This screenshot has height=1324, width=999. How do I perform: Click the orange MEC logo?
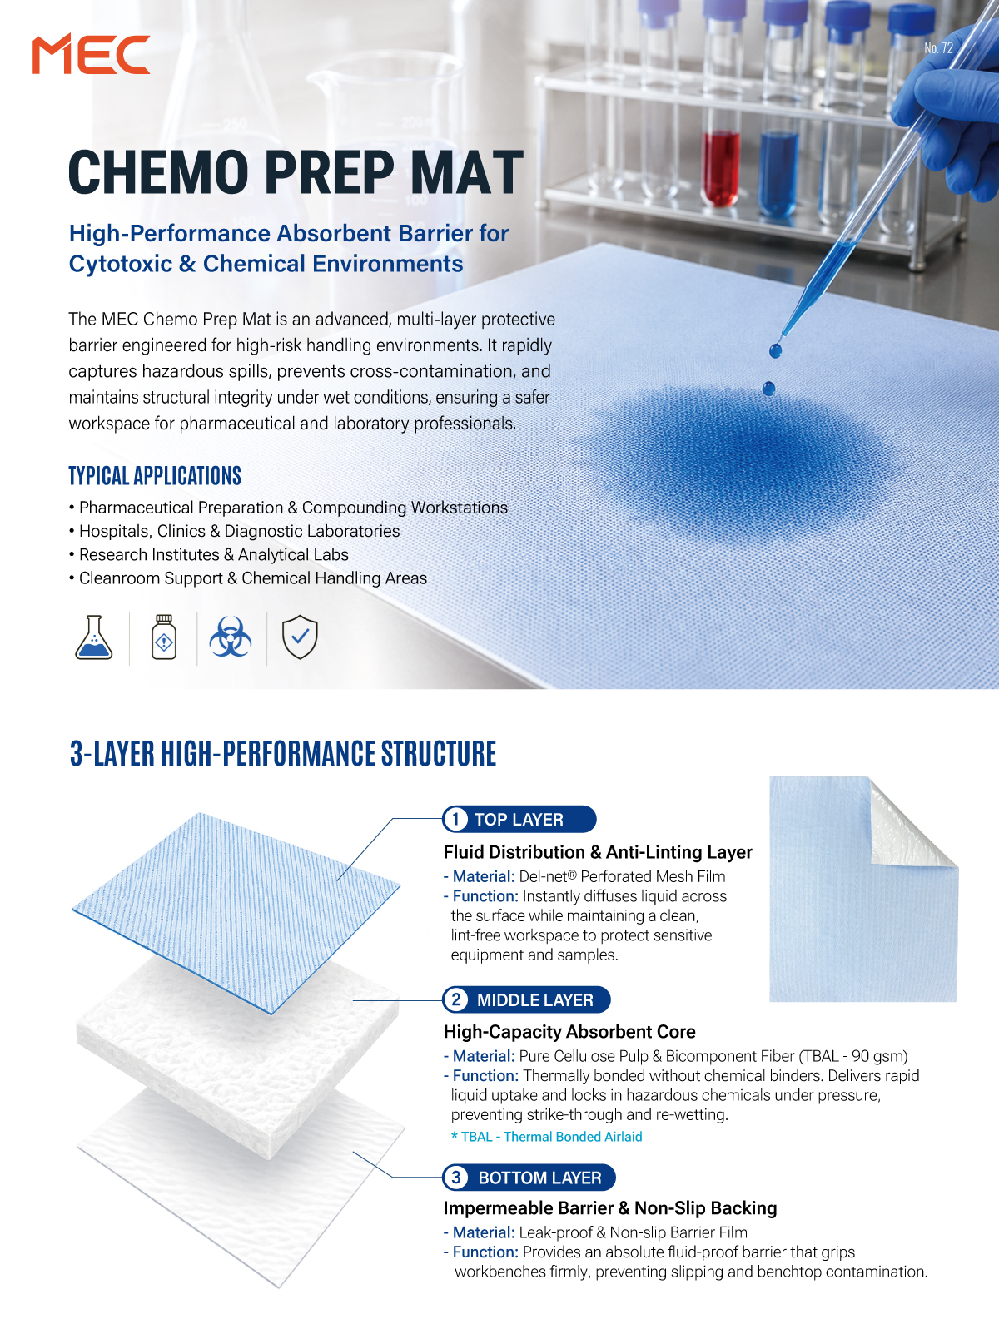[91, 54]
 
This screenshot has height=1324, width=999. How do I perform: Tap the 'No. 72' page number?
[938, 48]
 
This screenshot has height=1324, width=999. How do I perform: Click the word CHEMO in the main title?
[159, 172]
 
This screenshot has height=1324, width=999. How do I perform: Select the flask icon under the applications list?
[93, 637]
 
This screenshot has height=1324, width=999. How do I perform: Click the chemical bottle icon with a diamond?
[163, 637]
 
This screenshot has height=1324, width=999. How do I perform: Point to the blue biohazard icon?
[231, 637]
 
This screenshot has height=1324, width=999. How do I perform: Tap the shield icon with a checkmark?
[300, 637]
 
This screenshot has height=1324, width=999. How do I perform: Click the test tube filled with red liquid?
[722, 169]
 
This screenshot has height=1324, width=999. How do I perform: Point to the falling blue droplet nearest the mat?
[768, 389]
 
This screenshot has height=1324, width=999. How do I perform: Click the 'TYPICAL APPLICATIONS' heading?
[155, 476]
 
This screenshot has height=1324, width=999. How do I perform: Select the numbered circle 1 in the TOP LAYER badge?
[456, 819]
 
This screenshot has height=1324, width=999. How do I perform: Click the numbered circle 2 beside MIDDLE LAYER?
[456, 999]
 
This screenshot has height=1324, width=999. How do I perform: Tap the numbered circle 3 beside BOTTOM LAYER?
[456, 1177]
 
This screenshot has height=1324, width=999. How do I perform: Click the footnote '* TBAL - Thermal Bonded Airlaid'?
[547, 1137]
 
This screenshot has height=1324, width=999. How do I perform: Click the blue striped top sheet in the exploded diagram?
[236, 912]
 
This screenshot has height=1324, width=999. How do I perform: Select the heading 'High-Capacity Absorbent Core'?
[569, 1031]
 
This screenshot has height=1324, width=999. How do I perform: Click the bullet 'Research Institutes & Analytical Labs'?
[214, 554]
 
